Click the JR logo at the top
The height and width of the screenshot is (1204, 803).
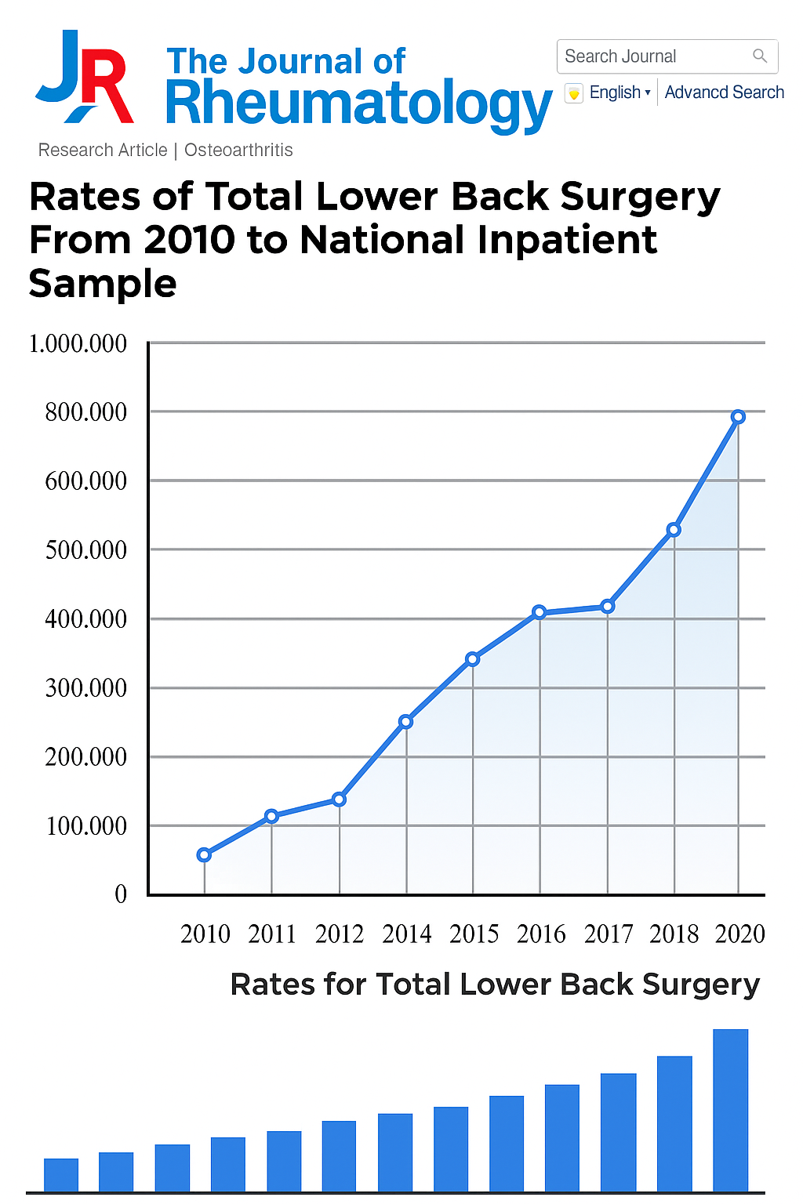pyautogui.click(x=85, y=78)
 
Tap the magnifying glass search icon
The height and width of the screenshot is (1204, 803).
pyautogui.click(x=759, y=56)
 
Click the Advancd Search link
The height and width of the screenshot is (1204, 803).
pyautogui.click(x=724, y=92)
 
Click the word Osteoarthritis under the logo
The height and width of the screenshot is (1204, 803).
pyautogui.click(x=238, y=150)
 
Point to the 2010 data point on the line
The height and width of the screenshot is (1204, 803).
pyautogui.click(x=204, y=854)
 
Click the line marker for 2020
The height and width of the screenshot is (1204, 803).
pyautogui.click(x=738, y=417)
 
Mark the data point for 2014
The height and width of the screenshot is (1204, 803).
pyautogui.click(x=405, y=721)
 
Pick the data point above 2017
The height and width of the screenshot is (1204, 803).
pyautogui.click(x=607, y=606)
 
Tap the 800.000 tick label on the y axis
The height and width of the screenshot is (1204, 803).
pyautogui.click(x=85, y=412)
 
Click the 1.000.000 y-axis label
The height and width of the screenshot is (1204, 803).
pyautogui.click(x=78, y=343)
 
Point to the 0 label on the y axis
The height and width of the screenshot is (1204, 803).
pyautogui.click(x=121, y=894)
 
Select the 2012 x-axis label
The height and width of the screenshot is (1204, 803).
pyautogui.click(x=340, y=934)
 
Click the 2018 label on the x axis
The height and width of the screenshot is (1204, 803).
pyautogui.click(x=674, y=934)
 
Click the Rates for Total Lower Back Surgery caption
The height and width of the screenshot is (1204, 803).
pyautogui.click(x=495, y=985)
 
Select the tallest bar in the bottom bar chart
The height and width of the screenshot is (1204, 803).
pyautogui.click(x=730, y=1110)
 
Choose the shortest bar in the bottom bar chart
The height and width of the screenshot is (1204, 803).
pyautogui.click(x=61, y=1175)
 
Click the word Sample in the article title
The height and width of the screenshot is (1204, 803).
pyautogui.click(x=103, y=283)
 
